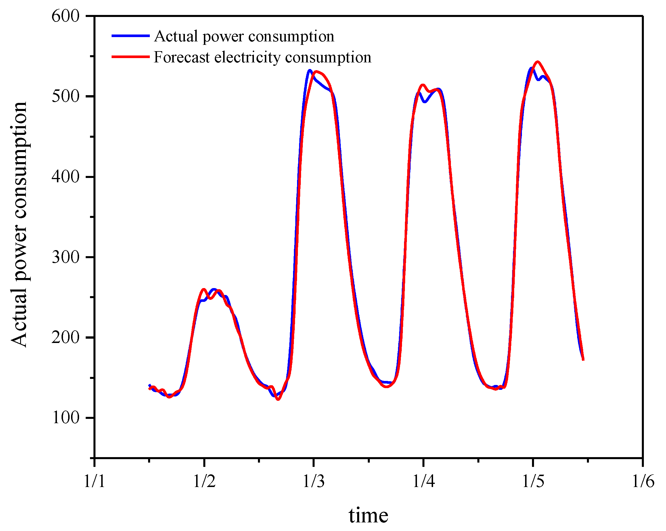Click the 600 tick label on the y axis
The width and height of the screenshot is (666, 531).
(x=66, y=16)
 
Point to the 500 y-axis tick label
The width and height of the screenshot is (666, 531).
(x=66, y=96)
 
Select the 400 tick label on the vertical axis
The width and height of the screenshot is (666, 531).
(x=66, y=177)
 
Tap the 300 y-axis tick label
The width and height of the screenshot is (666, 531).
(x=66, y=257)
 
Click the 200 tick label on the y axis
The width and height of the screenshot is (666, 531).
(x=66, y=337)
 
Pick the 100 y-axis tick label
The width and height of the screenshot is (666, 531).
(x=66, y=418)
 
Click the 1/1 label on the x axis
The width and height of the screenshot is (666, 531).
(x=94, y=481)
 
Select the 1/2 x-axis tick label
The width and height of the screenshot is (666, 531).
(x=204, y=481)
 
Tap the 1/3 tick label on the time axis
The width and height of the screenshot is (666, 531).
(x=313, y=481)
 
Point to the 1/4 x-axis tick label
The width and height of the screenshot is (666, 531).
(x=424, y=481)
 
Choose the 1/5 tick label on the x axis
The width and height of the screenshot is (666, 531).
(x=533, y=481)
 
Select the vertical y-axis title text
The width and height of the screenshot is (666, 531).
(x=19, y=225)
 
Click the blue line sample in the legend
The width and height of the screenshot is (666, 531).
(x=130, y=36)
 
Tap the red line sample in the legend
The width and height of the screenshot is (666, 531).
(x=130, y=57)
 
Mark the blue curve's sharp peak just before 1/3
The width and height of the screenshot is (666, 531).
(x=309, y=71)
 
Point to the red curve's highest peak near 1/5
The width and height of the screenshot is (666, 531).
(x=538, y=62)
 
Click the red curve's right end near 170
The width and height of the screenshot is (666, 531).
(x=583, y=360)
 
